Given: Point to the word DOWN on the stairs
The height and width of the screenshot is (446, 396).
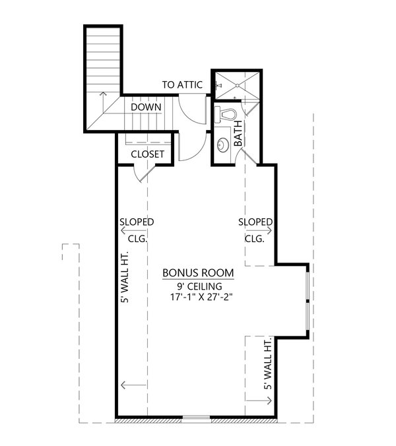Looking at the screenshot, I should [x=147, y=107].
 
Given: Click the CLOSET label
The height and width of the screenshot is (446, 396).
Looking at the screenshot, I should [x=147, y=154].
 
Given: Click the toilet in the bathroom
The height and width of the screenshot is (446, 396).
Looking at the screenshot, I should [x=226, y=113].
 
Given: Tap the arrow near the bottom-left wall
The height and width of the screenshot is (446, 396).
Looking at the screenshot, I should [x=133, y=385].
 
